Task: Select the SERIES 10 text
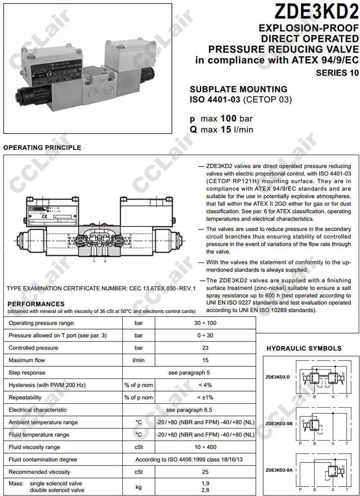337,72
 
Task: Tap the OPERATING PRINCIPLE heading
42,147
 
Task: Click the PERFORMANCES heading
36,304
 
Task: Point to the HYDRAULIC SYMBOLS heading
304,348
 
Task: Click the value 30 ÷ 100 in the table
205,323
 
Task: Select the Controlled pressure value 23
205,348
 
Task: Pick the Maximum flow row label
27,360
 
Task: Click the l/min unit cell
139,360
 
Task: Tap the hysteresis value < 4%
205,385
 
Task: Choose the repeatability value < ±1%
205,397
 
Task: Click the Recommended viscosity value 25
205,472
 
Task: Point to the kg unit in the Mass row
139,487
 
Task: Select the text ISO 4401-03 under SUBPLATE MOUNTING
214,99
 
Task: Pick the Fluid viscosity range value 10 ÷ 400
205,447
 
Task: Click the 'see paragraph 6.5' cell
189,410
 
